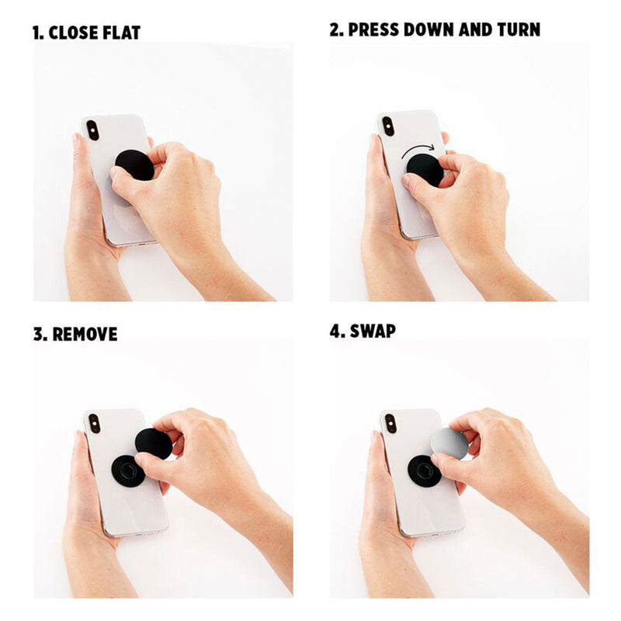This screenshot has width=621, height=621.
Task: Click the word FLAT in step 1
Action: (121, 33)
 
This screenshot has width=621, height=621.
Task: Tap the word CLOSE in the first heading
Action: (74, 33)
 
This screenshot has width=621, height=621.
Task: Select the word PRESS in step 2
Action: (373, 29)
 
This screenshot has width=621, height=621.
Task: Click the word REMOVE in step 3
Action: (85, 335)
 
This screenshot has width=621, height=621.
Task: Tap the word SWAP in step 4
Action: (373, 331)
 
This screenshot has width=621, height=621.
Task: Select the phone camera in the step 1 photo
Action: (92, 130)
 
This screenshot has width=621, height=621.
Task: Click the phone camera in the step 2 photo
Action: (387, 127)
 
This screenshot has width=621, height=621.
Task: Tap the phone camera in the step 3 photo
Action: (94, 423)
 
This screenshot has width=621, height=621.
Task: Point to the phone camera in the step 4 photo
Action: (390, 423)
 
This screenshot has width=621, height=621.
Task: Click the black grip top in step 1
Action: (134, 165)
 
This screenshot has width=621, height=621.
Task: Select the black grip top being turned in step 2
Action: (425, 170)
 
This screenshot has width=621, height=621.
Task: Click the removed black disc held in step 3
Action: (154, 443)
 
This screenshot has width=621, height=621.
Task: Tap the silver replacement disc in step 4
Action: (449, 443)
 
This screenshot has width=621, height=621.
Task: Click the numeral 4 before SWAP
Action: (335, 331)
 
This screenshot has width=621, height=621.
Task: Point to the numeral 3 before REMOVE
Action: (40, 335)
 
